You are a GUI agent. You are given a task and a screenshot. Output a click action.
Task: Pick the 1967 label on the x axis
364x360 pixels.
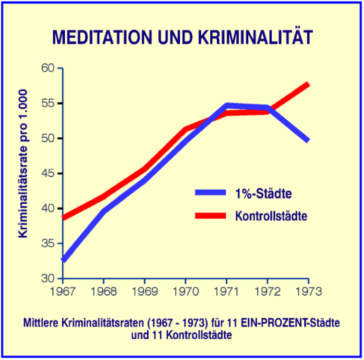63,291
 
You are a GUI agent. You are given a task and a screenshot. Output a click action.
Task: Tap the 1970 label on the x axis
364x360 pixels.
185,291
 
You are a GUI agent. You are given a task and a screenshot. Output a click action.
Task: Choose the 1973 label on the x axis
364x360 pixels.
308,291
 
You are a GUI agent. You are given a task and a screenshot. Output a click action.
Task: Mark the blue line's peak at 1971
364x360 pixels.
227,105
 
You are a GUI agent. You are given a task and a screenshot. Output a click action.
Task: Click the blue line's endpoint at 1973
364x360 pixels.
308,140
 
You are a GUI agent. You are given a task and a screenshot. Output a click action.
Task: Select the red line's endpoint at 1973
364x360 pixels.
308,85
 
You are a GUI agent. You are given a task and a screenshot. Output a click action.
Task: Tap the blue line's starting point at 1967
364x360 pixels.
63,260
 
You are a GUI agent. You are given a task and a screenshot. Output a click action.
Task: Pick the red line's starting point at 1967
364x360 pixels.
63,217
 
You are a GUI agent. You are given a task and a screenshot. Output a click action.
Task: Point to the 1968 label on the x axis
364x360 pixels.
104,291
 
